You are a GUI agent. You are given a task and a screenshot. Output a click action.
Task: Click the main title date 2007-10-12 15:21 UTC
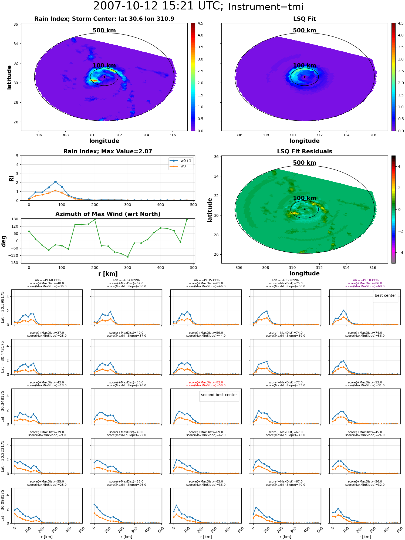pos(158,6)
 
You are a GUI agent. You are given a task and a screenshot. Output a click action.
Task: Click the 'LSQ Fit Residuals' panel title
pos(305,151)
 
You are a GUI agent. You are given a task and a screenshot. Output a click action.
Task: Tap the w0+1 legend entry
pos(181,161)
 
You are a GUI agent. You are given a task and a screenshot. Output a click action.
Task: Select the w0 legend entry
pos(178,166)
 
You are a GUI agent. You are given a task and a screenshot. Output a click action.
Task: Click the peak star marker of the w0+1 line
pos(55,182)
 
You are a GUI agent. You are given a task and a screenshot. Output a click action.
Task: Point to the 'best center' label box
pos(385,296)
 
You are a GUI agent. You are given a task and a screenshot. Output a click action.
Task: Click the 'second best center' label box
pos(219,395)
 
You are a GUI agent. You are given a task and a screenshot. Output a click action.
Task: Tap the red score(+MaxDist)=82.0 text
pos(206,382)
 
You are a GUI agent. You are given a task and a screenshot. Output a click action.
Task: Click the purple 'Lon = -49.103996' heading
pos(365,280)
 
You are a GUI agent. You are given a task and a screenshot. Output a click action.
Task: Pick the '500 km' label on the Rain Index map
pos(104,31)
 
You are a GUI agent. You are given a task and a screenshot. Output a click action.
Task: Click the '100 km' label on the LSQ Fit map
pos(305,66)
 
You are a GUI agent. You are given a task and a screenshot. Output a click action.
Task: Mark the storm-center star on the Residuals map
pos(305,209)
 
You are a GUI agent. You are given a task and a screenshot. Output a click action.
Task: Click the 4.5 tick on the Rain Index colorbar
pos(200,23)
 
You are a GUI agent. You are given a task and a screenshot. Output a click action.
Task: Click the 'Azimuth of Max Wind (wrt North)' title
pos(108,214)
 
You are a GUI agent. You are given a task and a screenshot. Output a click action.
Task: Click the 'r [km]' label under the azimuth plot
pos(108,274)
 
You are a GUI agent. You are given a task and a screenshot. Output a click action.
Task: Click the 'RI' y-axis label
pos(11,178)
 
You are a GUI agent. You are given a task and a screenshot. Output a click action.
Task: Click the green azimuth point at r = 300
pos(128,257)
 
